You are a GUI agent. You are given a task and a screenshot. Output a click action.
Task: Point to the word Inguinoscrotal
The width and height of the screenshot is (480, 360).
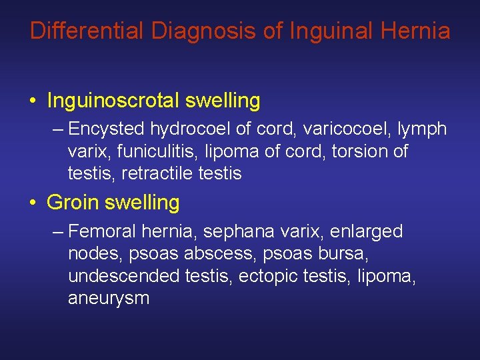click(x=113, y=101)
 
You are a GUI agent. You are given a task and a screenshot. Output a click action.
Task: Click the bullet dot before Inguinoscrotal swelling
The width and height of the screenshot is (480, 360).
click(x=33, y=101)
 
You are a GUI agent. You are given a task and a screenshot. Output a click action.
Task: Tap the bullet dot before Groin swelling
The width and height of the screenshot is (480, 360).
click(x=33, y=203)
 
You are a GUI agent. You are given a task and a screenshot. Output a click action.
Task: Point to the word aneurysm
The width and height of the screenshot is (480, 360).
click(x=109, y=298)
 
